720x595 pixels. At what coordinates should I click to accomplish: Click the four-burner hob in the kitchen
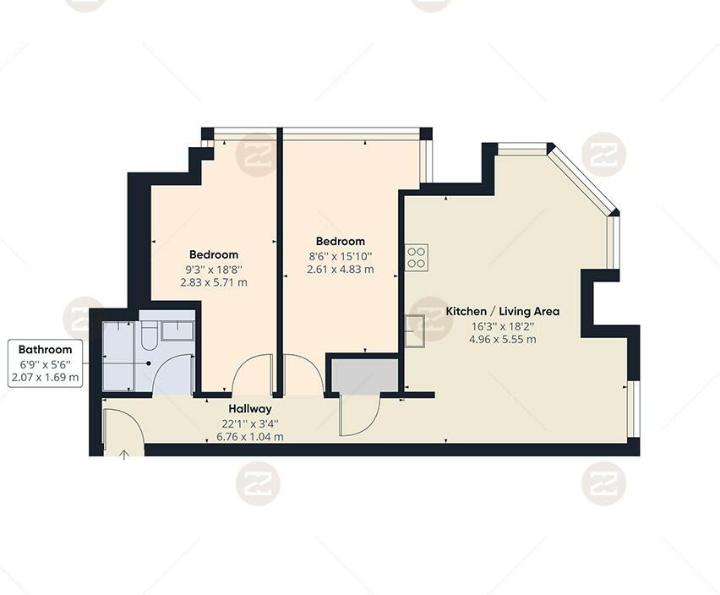coord(417,257)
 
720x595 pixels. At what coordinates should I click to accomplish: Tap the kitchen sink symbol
coord(414,330)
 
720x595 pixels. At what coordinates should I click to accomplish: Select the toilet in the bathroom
coord(149,336)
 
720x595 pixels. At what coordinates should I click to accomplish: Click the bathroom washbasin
coord(177,330)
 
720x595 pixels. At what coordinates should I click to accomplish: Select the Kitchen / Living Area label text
coord(503,311)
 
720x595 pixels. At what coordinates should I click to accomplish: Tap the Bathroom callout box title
coord(45,349)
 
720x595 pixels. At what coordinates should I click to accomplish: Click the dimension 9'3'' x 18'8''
coord(214,269)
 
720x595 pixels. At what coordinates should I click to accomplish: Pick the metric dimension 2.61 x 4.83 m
coord(340,270)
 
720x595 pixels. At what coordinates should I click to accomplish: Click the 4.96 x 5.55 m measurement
coord(503,339)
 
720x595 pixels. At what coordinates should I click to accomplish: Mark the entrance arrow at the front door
coord(124,455)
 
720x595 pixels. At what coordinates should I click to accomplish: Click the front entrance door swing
coord(123,427)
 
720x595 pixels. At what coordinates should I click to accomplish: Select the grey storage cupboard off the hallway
coord(363,376)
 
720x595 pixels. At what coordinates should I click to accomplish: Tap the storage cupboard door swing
coord(358,415)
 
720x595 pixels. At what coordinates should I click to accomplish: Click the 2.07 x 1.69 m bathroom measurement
coord(45,377)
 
